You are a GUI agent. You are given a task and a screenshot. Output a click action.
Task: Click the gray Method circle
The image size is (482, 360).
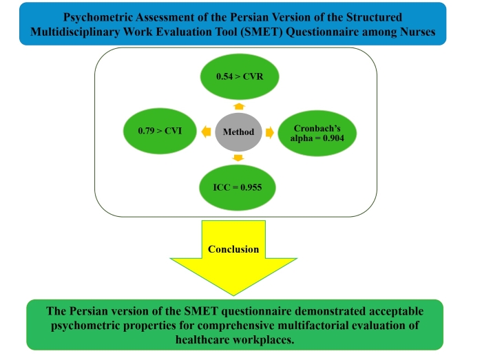click(x=237, y=131)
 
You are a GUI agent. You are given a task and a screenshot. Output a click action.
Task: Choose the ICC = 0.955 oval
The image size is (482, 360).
click(x=238, y=185)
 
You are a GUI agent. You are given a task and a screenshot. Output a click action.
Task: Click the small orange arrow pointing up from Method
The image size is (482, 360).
click(x=238, y=106)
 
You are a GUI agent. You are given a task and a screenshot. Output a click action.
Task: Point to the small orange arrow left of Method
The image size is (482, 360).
click(x=206, y=131)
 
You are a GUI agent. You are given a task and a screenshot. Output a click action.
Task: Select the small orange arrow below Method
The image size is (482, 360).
click(x=238, y=158)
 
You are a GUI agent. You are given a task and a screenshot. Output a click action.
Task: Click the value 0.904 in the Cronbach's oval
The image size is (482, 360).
click(x=333, y=136)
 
